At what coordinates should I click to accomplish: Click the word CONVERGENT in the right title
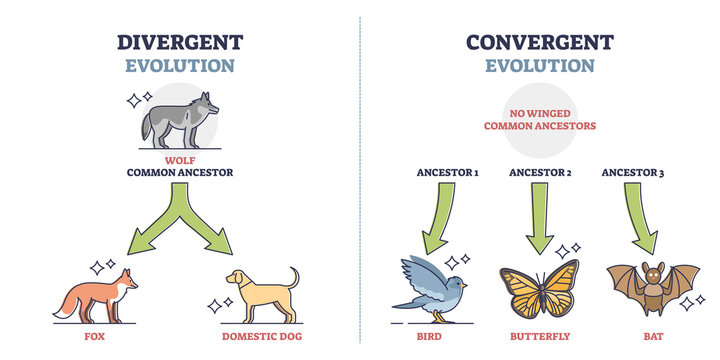click(540, 41)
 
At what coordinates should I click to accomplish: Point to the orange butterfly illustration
click(539, 289)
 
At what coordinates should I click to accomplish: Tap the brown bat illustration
click(652, 286)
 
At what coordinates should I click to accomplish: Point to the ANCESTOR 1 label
click(447, 173)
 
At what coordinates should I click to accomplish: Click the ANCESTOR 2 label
click(540, 173)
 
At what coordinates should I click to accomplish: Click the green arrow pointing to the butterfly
click(540, 220)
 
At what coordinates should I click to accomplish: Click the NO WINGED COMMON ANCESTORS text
click(540, 120)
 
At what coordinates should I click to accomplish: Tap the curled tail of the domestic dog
click(293, 276)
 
